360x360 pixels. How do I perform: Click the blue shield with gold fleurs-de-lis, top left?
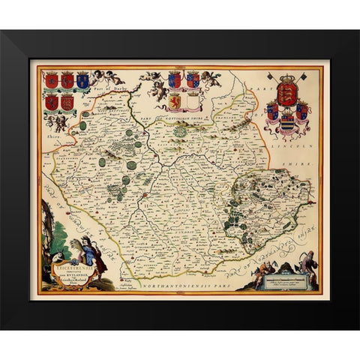click(x=82, y=80)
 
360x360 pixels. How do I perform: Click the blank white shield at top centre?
click(x=191, y=100)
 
